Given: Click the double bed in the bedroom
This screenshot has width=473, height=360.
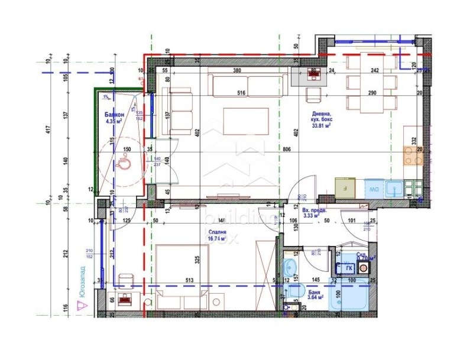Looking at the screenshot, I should pos(180,275).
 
